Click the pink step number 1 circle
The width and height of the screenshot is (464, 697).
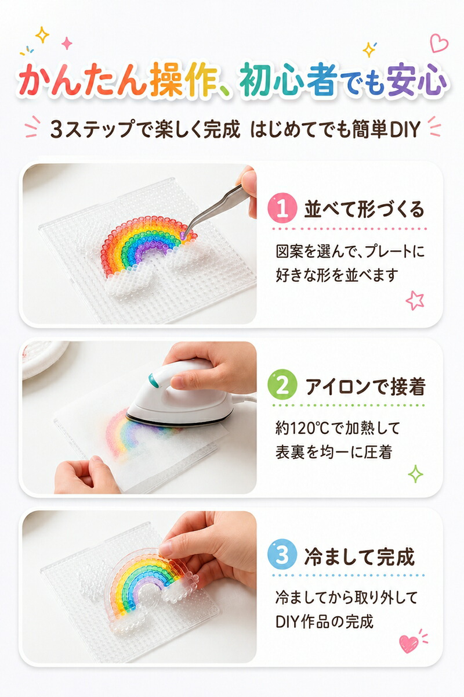click(x=282, y=208)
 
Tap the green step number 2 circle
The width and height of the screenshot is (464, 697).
click(x=282, y=385)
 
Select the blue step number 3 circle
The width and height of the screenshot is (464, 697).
click(x=282, y=555)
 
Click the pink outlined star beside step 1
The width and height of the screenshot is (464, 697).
click(x=415, y=300)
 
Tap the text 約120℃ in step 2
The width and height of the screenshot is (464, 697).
click(x=302, y=429)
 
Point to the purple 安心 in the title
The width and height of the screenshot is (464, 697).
click(x=416, y=80)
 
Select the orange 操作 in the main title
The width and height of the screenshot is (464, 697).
click(x=184, y=80)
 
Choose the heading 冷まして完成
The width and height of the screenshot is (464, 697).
click(x=360, y=556)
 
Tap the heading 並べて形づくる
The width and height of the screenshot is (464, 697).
click(x=364, y=209)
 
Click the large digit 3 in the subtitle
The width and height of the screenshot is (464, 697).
click(x=57, y=130)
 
